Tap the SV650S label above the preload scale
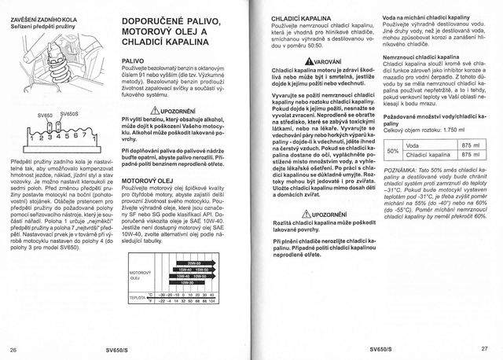click(x=69, y=113)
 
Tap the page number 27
click(x=484, y=348)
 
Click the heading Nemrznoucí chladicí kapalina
click(x=420, y=57)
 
